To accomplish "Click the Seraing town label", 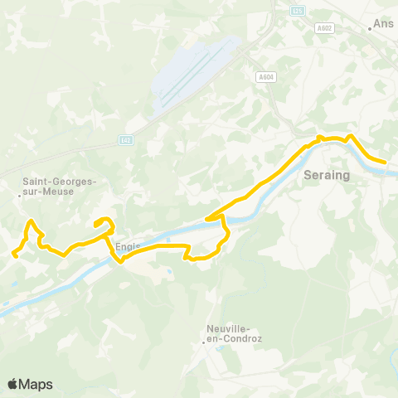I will point(328,176).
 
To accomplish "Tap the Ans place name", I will point(384,25).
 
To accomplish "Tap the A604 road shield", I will point(265,76).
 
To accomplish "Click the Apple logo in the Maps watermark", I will point(13,384).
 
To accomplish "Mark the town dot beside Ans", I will point(370,28).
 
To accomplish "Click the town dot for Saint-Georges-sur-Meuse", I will point(20,196).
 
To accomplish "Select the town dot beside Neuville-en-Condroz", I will point(203,341).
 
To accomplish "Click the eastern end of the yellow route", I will point(385,163).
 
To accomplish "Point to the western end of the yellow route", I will point(15,255).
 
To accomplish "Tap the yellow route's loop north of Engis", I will point(104,221).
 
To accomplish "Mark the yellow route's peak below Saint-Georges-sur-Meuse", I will point(31,221).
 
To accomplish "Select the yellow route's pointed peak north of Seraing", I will point(351,136).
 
